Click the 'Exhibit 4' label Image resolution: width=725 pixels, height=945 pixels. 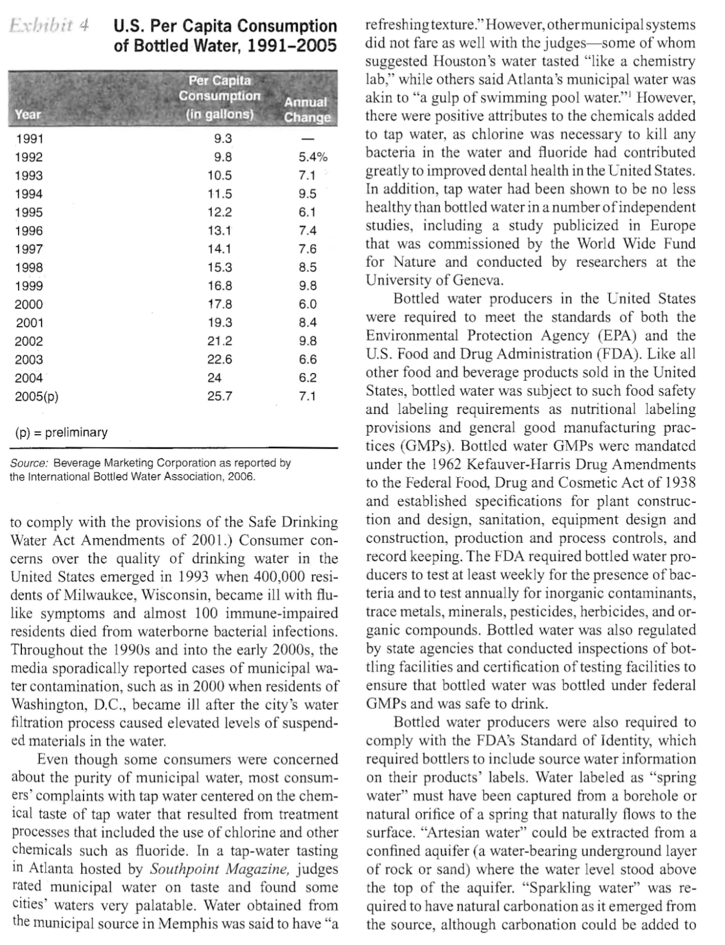(x=50, y=25)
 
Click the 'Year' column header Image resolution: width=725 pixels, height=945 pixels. (x=28, y=115)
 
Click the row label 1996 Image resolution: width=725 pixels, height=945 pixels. (x=29, y=231)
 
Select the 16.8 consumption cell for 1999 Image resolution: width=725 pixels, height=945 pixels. (x=219, y=286)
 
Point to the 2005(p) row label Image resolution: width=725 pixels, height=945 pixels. (x=36, y=397)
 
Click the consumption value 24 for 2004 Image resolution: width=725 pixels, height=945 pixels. (x=214, y=378)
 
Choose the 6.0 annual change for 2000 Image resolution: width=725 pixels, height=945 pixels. (x=308, y=304)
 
